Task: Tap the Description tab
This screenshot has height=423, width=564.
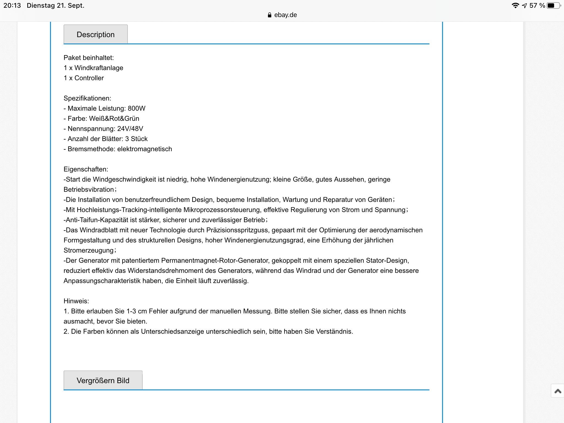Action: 96,34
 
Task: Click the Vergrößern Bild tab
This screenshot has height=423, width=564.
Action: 103,380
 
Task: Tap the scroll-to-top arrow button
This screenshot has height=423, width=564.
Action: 558,391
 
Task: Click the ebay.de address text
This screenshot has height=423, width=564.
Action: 285,15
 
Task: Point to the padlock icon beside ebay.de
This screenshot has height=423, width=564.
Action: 270,15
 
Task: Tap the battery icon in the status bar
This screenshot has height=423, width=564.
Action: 553,6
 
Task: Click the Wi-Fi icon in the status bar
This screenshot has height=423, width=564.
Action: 515,6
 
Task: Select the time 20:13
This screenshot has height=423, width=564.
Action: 12,6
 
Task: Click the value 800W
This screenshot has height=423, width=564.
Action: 137,109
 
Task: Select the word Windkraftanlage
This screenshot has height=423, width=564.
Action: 99,68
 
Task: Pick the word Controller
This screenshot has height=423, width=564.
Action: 89,78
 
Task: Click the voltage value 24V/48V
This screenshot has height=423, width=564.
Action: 130,129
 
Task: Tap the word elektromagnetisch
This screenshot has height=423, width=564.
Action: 145,149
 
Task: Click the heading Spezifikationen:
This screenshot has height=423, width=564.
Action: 87,98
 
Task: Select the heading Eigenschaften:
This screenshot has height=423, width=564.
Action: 86,169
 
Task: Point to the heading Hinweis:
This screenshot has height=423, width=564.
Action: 76,301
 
